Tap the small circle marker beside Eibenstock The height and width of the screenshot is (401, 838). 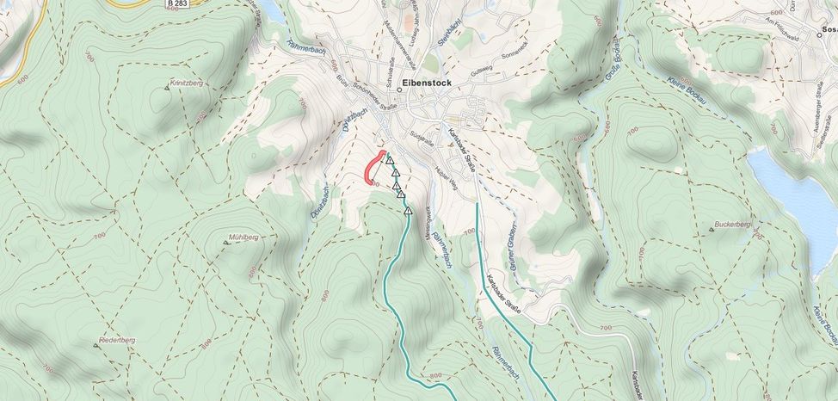[399, 89]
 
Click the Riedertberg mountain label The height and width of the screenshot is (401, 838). [117, 340]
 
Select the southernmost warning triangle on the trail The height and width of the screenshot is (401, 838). [408, 210]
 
